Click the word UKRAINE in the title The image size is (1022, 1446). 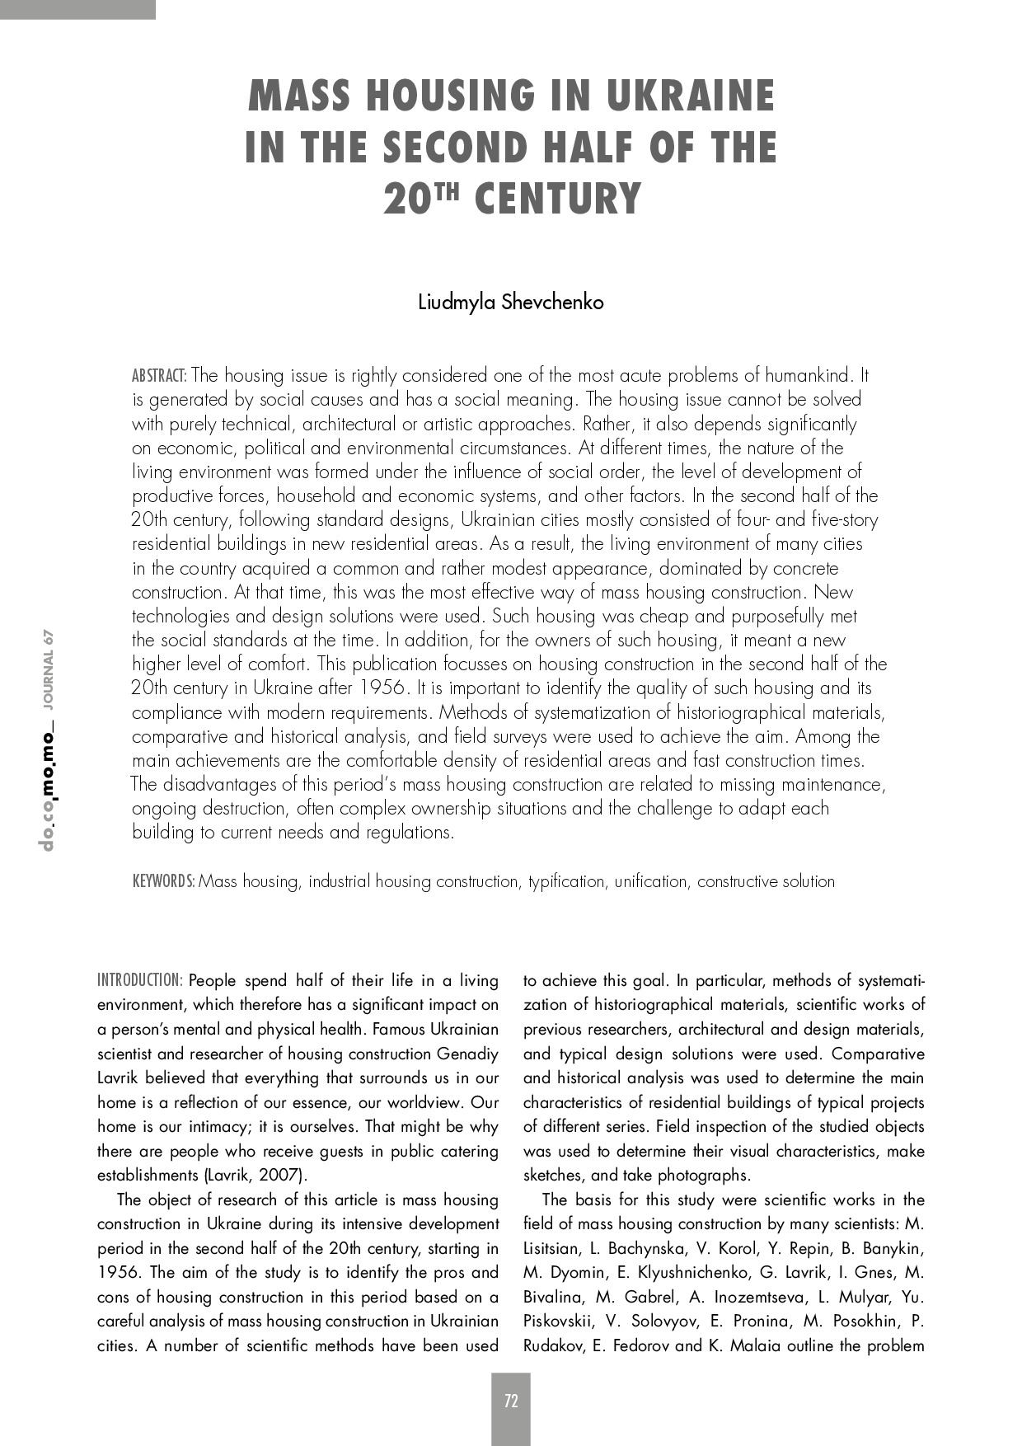(x=690, y=96)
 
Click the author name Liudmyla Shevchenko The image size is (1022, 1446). (x=511, y=303)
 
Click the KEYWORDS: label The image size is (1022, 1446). (x=164, y=881)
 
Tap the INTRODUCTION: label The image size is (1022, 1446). (x=139, y=981)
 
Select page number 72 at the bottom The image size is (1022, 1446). (x=511, y=1401)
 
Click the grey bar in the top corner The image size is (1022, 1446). (x=77, y=9)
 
